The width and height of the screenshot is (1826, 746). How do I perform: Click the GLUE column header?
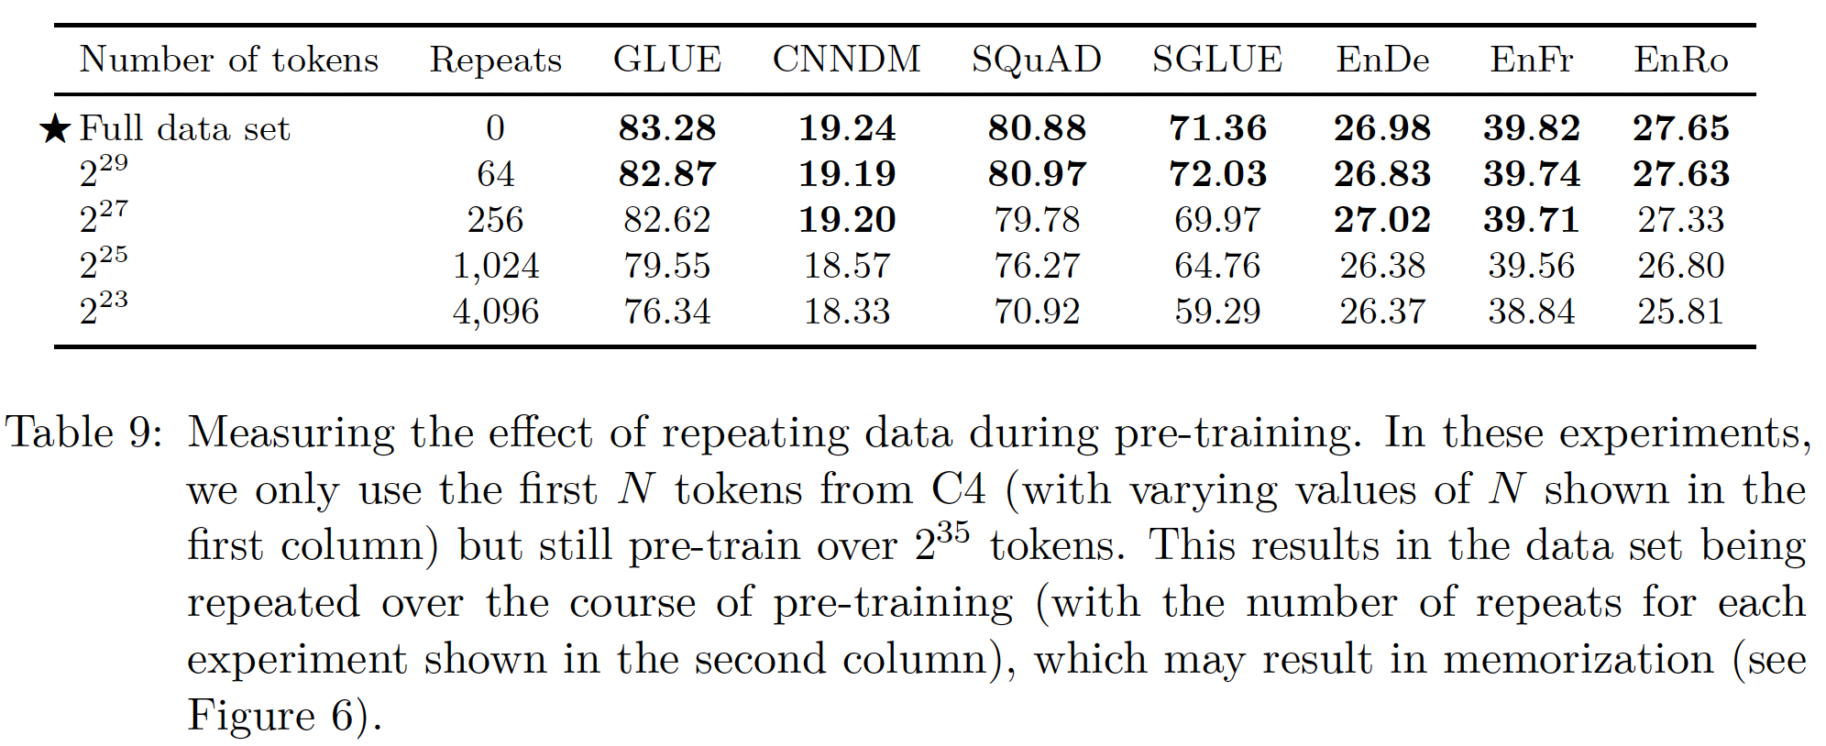[666, 60]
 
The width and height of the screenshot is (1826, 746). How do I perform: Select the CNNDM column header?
[846, 60]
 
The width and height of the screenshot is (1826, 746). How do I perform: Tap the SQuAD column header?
[1036, 60]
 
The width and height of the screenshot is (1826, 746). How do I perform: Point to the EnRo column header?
[1680, 60]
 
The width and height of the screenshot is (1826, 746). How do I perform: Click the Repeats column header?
[495, 60]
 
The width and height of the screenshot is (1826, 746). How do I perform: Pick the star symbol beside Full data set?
[55, 129]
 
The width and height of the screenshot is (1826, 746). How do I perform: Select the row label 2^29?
[103, 171]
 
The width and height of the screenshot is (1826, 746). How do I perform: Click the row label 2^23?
[103, 309]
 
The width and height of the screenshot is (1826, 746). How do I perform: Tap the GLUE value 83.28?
[666, 128]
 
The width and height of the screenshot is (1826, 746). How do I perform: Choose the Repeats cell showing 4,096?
[495, 312]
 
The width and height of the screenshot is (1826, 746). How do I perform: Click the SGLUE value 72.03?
[1217, 174]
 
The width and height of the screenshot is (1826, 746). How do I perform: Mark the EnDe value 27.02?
[1381, 220]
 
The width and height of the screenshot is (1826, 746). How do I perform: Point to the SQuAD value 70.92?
[1036, 312]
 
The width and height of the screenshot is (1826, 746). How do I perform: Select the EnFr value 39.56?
[1531, 266]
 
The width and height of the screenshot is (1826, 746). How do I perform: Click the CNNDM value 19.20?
[846, 220]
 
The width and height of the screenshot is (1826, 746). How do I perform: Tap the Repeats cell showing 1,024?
[495, 266]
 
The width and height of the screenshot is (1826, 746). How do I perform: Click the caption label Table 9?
[83, 433]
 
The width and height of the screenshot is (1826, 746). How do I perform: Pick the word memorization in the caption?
[1578, 659]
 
